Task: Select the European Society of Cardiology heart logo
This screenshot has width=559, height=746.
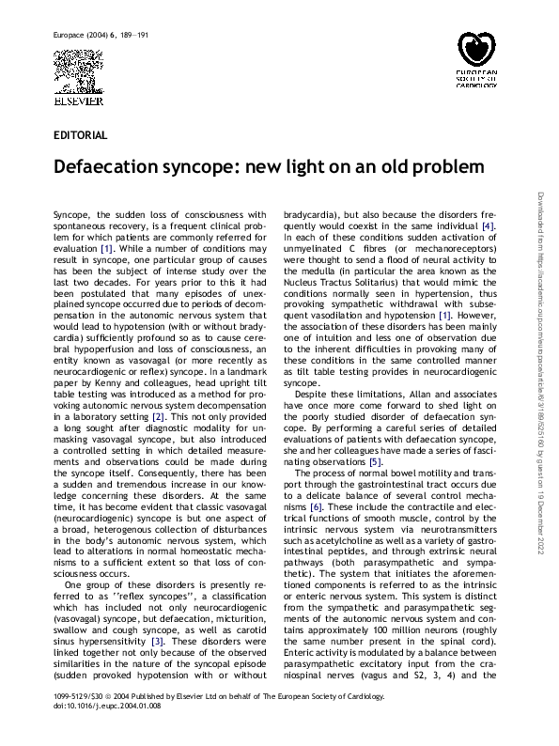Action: click(x=481, y=48)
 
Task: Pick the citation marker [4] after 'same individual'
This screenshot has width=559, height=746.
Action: click(x=489, y=227)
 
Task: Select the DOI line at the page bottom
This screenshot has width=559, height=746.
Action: click(x=96, y=731)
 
